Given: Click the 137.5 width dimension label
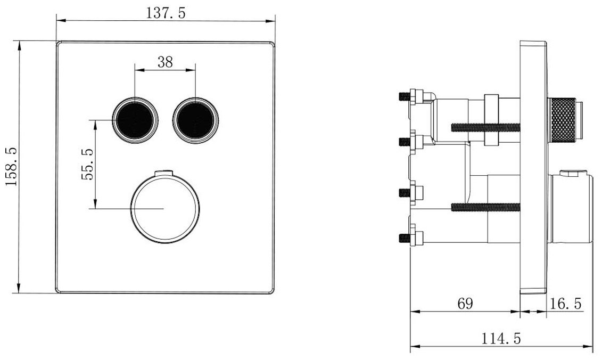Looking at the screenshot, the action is pyautogui.click(x=166, y=13).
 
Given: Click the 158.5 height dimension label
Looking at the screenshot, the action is pyautogui.click(x=12, y=167).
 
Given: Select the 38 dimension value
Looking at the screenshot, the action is pyautogui.click(x=165, y=61).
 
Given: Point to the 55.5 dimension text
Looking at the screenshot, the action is pyautogui.click(x=87, y=165).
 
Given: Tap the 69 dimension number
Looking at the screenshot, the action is pyautogui.click(x=465, y=304).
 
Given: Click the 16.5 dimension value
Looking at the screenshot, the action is pyautogui.click(x=566, y=304).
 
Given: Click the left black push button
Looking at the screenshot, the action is pyautogui.click(x=135, y=120).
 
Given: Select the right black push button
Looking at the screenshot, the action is pyautogui.click(x=196, y=120).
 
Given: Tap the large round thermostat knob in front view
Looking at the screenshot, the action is pyautogui.click(x=165, y=209).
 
